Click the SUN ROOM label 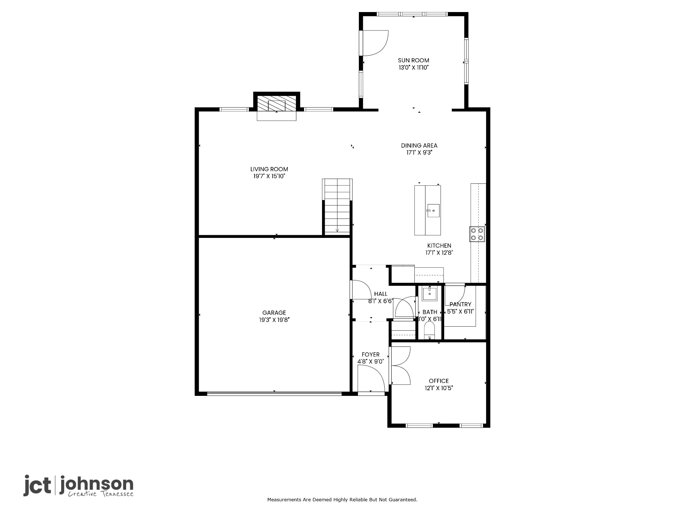[413, 60]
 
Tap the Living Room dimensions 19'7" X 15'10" [269, 176]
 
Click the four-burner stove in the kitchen [477, 234]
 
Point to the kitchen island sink [433, 210]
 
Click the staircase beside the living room [337, 207]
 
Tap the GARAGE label [274, 313]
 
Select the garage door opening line [274, 394]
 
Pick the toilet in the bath [429, 331]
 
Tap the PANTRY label [460, 304]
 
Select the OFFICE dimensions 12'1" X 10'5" [439, 388]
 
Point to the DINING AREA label [419, 146]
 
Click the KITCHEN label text [439, 246]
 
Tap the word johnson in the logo [96, 484]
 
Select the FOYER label [371, 354]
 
